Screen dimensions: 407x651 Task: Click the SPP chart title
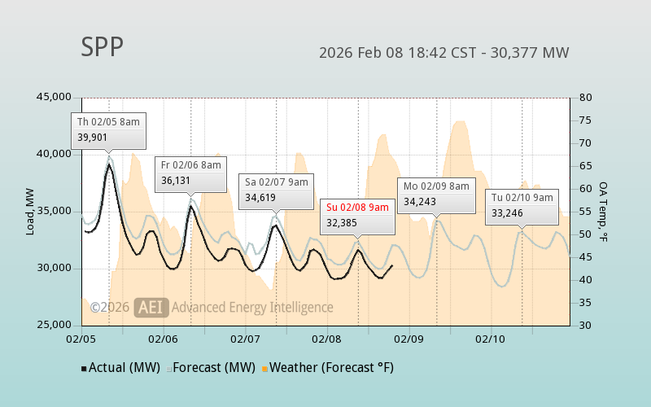[103, 47]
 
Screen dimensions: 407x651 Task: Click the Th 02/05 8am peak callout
[108, 129]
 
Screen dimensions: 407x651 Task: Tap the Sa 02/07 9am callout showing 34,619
[276, 190]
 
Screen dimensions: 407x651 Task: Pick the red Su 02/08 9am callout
[357, 215]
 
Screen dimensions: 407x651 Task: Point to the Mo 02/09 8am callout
[436, 194]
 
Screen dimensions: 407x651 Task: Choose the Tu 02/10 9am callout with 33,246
[522, 205]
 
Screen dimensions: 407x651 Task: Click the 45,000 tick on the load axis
[55, 98]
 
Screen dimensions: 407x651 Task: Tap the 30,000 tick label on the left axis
[55, 269]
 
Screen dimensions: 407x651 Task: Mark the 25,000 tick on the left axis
[55, 326]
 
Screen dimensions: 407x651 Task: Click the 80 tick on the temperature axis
[585, 98]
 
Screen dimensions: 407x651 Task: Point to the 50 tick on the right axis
[585, 234]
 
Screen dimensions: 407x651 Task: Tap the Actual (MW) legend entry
[120, 368]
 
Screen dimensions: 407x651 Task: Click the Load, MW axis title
[30, 212]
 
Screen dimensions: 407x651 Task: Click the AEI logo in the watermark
[151, 308]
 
